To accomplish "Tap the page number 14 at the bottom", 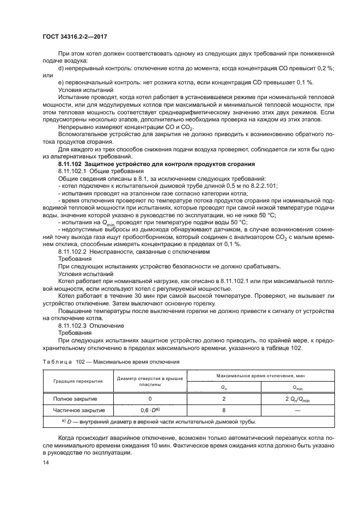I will point(46,462).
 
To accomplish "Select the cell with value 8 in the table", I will point(224,410).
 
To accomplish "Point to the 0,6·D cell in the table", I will point(149,410).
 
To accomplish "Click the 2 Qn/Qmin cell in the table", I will point(297,398).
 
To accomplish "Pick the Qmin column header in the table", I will point(297,387).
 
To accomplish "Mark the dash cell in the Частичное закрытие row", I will point(297,410).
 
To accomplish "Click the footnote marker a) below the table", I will point(65,421).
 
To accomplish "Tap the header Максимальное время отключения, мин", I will point(260,376).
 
